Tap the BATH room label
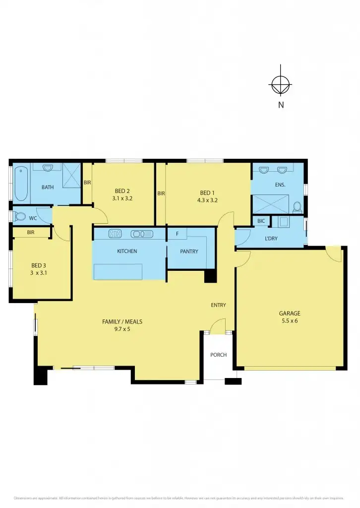[x=48, y=187]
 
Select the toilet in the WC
[x=20, y=217]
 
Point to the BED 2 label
[x=122, y=191]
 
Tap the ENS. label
[x=280, y=185]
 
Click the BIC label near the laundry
[x=261, y=221]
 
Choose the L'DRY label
[x=271, y=238]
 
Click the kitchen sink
[x=141, y=233]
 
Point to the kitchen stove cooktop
[x=115, y=233]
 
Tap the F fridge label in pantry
[x=177, y=233]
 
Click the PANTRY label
[x=189, y=252]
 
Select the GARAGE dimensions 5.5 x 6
[x=290, y=321]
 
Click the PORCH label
[x=218, y=355]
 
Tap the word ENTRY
[x=218, y=305]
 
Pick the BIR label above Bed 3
[x=30, y=232]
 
